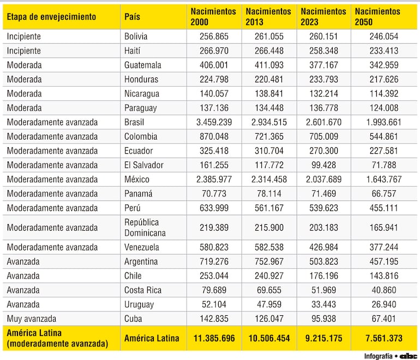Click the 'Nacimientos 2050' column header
(377, 16)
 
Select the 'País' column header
(132, 16)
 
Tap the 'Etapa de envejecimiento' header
(51, 16)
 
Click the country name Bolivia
(136, 37)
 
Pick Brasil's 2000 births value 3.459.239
(214, 122)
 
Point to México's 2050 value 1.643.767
(384, 179)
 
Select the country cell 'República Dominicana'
(145, 227)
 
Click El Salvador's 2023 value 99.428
(323, 165)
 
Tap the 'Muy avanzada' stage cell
(32, 319)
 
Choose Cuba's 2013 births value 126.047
(269, 319)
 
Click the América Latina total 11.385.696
(214, 338)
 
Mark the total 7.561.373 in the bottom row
(384, 338)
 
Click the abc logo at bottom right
(408, 356)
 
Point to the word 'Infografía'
(378, 356)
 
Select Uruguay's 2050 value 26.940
(384, 304)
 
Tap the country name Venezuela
(142, 247)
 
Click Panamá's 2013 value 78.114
(269, 194)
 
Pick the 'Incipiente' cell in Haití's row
(24, 51)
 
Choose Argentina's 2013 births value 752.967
(269, 261)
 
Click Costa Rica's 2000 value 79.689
(214, 290)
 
